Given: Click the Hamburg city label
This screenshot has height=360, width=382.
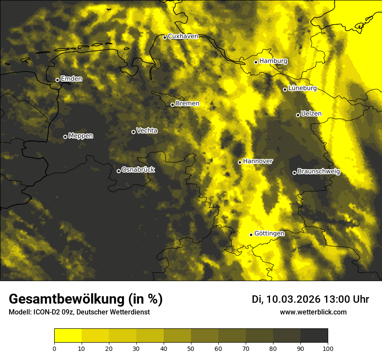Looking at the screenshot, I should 273,61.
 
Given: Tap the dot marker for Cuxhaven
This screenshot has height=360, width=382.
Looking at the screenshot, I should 165,37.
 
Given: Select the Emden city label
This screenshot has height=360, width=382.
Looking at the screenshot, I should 71,79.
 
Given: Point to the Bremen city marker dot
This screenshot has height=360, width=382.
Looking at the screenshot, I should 172,105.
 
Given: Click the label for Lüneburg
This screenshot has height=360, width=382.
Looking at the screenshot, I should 302,88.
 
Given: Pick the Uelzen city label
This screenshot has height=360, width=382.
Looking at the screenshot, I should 311,114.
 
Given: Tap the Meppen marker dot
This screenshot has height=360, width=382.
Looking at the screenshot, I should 65,137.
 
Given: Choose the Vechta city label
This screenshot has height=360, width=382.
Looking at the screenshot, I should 147,131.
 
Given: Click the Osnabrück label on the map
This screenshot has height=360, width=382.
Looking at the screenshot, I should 138,170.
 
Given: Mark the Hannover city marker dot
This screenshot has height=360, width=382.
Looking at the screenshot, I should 240,162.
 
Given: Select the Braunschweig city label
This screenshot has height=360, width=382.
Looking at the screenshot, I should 319,171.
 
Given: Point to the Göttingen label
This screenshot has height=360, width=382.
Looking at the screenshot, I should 269,234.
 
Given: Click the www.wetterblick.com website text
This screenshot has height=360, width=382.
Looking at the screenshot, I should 313,312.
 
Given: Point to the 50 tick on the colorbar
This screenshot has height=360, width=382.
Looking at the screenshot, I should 191,348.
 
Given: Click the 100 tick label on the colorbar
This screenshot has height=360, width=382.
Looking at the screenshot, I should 328,348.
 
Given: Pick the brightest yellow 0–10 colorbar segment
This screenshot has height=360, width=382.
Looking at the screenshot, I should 68,336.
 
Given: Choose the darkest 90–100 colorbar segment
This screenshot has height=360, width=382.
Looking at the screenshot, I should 314,336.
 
